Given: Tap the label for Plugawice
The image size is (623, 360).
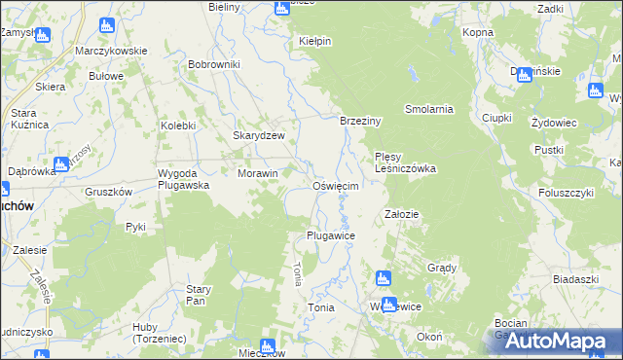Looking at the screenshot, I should (x=330, y=236).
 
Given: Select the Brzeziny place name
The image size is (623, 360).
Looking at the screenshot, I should (x=359, y=121).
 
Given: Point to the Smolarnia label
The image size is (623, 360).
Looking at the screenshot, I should (x=429, y=109).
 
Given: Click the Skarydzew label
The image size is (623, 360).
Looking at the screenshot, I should (x=258, y=136).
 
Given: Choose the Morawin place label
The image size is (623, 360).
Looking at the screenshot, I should (x=258, y=173).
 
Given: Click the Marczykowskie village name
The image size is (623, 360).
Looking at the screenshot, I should (x=112, y=51).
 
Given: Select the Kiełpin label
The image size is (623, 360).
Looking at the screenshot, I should (x=315, y=42).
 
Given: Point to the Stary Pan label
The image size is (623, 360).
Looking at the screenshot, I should (x=199, y=295).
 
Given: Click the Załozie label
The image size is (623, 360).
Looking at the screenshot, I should (x=402, y=214).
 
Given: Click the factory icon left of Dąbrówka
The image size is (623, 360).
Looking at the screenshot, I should (x=61, y=163).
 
